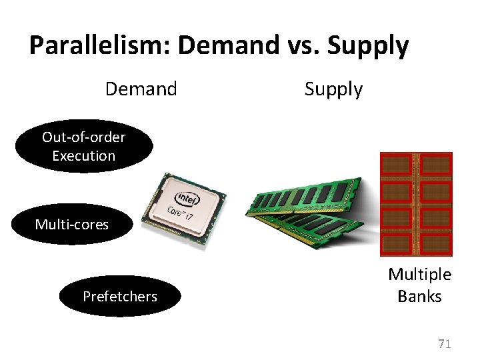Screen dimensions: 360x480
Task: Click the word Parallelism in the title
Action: click(100, 46)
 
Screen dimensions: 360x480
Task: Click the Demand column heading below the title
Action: click(141, 89)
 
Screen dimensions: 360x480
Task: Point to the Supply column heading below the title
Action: click(333, 89)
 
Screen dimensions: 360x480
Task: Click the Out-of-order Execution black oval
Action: click(84, 147)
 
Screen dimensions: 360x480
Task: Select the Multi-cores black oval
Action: click(72, 225)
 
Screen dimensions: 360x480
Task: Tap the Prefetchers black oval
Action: click(120, 296)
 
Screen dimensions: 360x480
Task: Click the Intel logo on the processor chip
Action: click(187, 199)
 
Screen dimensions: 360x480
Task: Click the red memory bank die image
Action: click(416, 204)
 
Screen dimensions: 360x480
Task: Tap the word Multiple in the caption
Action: click(420, 275)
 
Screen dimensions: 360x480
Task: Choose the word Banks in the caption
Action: click(420, 296)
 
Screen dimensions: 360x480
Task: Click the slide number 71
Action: click(445, 344)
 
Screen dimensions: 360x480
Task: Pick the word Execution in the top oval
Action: click(84, 156)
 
